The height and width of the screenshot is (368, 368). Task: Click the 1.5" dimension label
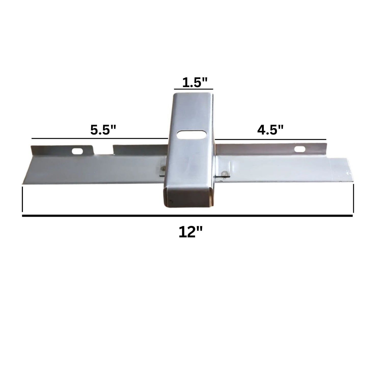pyautogui.click(x=195, y=83)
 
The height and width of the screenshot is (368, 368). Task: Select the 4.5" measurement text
pyautogui.click(x=270, y=130)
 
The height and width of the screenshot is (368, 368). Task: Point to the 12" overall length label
pyautogui.click(x=190, y=232)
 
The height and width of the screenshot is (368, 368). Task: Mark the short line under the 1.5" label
pyautogui.click(x=193, y=89)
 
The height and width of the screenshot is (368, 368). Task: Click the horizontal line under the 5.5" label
pyautogui.click(x=99, y=138)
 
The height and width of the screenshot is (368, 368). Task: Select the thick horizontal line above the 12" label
pyautogui.click(x=187, y=216)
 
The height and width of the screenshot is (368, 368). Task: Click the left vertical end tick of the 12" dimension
pyautogui.click(x=23, y=199)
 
